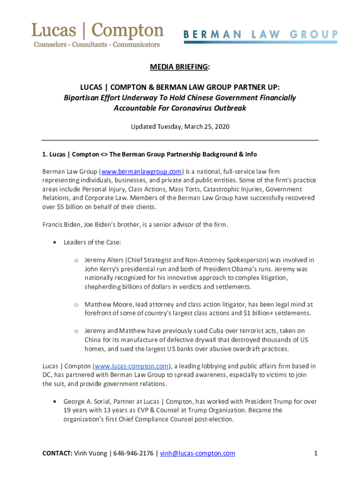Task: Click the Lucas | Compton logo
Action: (97, 35)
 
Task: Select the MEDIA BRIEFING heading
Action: (179, 67)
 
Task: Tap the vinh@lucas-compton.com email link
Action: (197, 453)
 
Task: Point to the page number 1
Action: (316, 453)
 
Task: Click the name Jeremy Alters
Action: (106, 260)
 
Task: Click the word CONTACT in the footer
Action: (57, 453)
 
